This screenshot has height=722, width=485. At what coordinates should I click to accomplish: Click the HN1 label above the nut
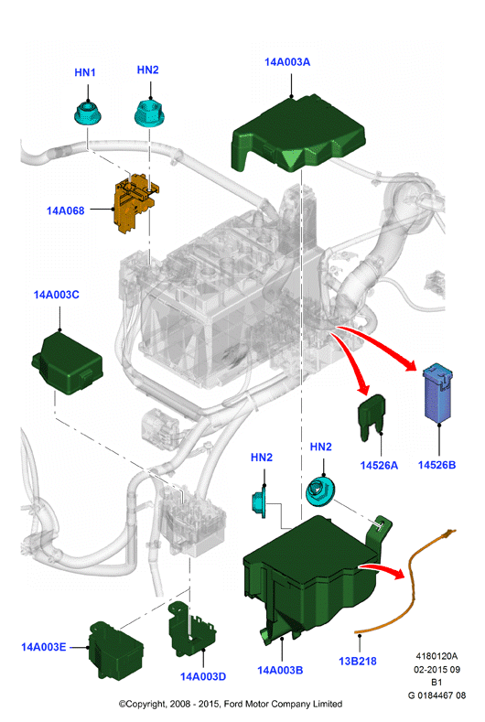pyautogui.click(x=85, y=72)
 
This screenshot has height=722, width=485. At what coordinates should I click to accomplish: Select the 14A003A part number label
pyautogui.click(x=287, y=62)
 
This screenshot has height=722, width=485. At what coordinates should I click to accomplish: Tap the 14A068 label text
pyautogui.click(x=65, y=210)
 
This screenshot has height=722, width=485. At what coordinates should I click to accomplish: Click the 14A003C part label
pyautogui.click(x=56, y=295)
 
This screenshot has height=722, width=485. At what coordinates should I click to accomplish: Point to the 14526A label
pyautogui.click(x=379, y=466)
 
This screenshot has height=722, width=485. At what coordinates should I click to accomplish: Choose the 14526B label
pyautogui.click(x=436, y=465)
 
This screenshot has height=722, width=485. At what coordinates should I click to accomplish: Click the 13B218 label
pyautogui.click(x=358, y=662)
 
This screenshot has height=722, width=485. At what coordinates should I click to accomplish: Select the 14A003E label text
pyautogui.click(x=44, y=647)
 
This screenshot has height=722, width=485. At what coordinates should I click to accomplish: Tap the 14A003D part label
pyautogui.click(x=203, y=676)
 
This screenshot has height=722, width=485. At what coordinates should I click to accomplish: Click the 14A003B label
pyautogui.click(x=280, y=671)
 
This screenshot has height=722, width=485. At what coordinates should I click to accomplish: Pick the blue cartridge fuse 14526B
pyautogui.click(x=438, y=393)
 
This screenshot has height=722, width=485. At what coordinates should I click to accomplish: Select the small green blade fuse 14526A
pyautogui.click(x=372, y=415)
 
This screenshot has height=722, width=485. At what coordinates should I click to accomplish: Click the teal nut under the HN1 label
pyautogui.click(x=88, y=113)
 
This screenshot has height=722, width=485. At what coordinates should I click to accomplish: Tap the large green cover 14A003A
pyautogui.click(x=298, y=134)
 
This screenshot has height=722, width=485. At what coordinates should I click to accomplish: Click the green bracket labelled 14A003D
pyautogui.click(x=191, y=629)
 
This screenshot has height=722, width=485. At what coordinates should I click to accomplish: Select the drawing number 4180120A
pyautogui.click(x=436, y=656)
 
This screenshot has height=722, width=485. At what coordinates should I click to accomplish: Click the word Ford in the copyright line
pyautogui.click(x=234, y=704)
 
